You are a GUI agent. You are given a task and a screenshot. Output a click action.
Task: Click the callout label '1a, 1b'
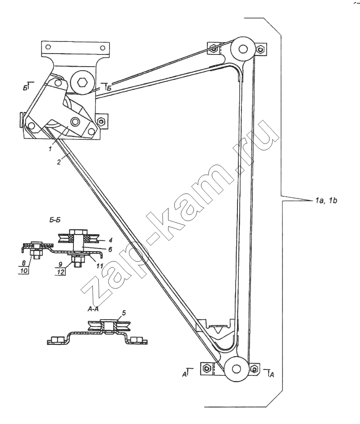click(x=326, y=201)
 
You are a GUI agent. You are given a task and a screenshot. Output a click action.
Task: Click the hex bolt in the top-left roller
click(x=82, y=81)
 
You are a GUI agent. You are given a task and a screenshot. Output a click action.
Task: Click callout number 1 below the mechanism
click(x=50, y=149)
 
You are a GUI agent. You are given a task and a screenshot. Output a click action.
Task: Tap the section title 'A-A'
click(x=93, y=309)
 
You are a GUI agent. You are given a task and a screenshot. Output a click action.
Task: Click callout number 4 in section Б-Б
click(x=110, y=240)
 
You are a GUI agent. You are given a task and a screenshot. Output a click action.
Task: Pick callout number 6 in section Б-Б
click(x=110, y=249)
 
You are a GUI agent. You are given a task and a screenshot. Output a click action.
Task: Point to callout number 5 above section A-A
click(x=124, y=313)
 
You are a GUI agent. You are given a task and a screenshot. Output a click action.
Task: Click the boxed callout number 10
click(x=24, y=270)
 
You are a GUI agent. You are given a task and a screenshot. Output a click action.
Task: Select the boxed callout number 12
click(x=61, y=271)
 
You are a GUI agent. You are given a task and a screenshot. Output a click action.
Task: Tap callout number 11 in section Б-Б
click(x=100, y=266)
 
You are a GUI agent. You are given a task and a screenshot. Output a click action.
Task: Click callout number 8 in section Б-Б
click(x=23, y=262)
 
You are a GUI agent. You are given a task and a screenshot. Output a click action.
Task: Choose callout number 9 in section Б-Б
click(x=60, y=264)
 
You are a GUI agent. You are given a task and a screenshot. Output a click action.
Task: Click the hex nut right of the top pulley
click(x=261, y=49)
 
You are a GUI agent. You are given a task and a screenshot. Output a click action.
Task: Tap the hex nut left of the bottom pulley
click(x=206, y=368)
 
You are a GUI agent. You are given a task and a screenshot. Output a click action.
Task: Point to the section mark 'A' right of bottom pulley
click(x=272, y=374)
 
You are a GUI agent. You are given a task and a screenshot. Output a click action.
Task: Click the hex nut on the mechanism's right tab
click(x=101, y=121)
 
